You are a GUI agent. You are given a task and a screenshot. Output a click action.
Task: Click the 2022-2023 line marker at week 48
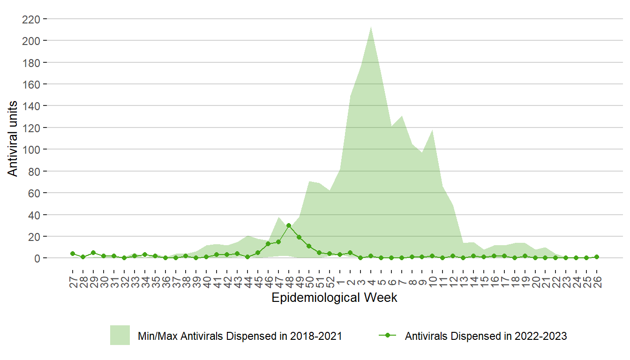coord(289,225)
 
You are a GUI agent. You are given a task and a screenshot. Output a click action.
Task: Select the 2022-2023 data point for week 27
coord(73,254)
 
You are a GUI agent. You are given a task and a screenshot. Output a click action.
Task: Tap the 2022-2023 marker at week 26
coord(597,257)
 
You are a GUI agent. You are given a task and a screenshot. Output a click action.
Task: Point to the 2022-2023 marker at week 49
coord(299,237)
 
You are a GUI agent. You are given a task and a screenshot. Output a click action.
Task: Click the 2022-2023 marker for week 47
coord(278,242)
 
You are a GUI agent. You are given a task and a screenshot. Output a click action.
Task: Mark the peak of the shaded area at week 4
coord(371,27)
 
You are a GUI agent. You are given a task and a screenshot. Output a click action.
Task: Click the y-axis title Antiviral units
coord(13,139)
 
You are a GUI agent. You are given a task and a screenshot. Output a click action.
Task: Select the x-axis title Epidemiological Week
coord(334,298)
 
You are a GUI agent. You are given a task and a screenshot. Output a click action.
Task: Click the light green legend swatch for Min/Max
coord(120,335)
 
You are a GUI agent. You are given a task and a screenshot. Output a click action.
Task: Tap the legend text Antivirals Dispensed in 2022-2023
coord(486,336)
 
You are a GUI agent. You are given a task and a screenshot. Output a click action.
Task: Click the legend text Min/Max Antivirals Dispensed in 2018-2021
coord(240,336)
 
